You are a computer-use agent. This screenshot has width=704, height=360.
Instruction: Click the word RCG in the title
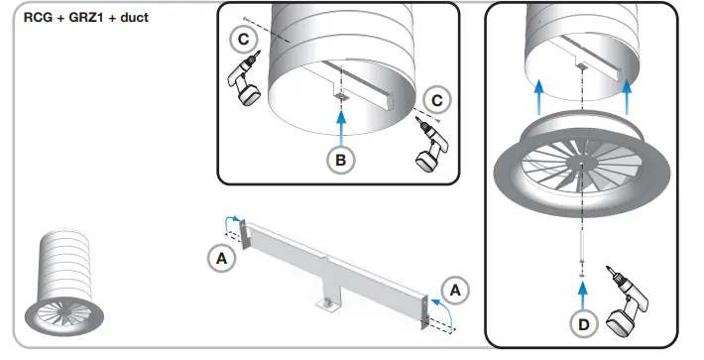38,18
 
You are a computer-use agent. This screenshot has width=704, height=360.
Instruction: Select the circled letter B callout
341,159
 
